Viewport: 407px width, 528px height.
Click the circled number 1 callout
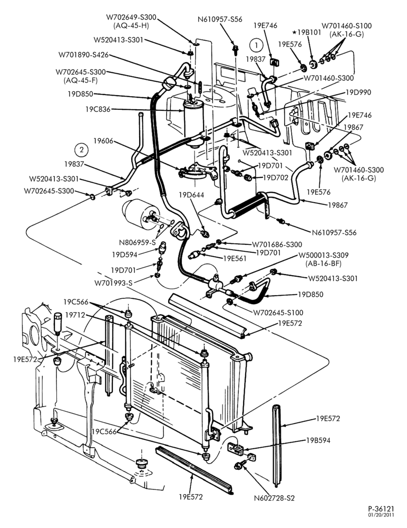pyautogui.click(x=257, y=45)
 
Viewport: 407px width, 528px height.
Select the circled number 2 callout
pyautogui.click(x=81, y=150)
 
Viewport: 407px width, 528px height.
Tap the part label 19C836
pyautogui.click(x=98, y=109)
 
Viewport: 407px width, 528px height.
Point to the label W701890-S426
pyautogui.click(x=84, y=54)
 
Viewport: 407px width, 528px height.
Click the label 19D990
pyautogui.click(x=358, y=92)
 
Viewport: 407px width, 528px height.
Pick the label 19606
pyautogui.click(x=103, y=141)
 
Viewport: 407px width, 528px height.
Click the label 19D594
pyautogui.click(x=124, y=254)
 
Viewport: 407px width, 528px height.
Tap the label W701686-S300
pyautogui.click(x=277, y=244)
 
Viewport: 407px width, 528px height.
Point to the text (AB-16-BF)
pyautogui.click(x=323, y=263)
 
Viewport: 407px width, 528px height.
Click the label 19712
pyautogui.click(x=75, y=315)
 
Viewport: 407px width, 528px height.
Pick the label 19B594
pyautogui.click(x=318, y=440)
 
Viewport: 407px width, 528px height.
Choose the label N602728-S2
pyautogui.click(x=274, y=498)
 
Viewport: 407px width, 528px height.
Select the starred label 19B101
pyautogui.click(x=307, y=32)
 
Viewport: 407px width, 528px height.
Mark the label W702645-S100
pyautogui.click(x=278, y=313)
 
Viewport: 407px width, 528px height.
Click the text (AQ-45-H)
pyautogui.click(x=131, y=25)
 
